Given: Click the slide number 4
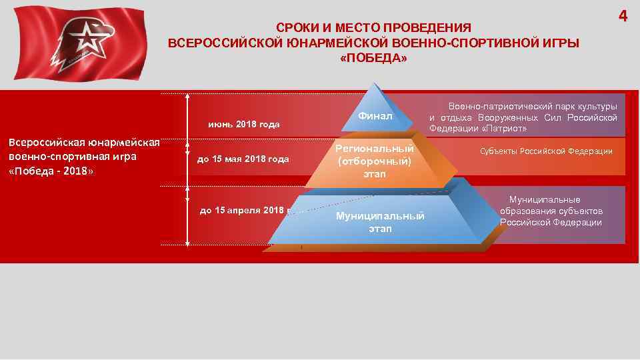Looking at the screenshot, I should tap(623, 16).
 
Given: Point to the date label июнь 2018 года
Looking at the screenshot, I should tap(244, 125).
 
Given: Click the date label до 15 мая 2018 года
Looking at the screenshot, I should tap(243, 159).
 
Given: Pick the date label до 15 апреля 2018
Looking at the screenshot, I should tap(243, 210).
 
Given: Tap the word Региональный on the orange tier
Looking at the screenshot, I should tap(374, 149).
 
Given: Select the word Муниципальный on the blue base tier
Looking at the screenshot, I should tap(380, 217).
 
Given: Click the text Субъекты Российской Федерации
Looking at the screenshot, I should tap(546, 151).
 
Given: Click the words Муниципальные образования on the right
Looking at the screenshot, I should tap(551, 205).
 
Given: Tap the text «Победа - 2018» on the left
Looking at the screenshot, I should tap(51, 171).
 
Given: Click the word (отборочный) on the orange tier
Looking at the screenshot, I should tap(374, 161).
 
